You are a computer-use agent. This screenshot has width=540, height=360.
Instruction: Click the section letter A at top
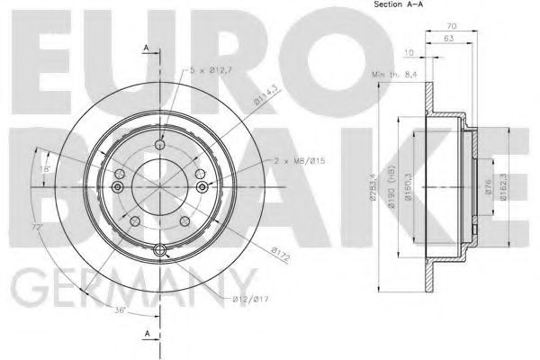click(x=146, y=46)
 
